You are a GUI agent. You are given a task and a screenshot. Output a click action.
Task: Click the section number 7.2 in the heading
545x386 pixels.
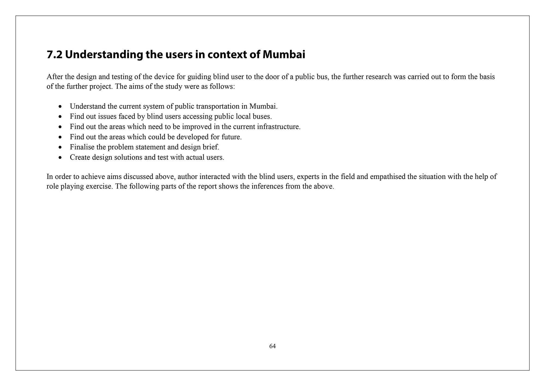click(55, 55)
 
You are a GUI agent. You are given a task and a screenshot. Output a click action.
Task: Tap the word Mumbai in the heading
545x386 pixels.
click(284, 55)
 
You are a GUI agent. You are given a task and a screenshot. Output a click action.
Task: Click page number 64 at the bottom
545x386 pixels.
click(272, 346)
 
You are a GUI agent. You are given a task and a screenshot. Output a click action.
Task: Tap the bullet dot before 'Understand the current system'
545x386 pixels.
click(60, 106)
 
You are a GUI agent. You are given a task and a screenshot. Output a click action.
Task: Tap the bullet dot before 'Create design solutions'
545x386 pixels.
click(60, 158)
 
